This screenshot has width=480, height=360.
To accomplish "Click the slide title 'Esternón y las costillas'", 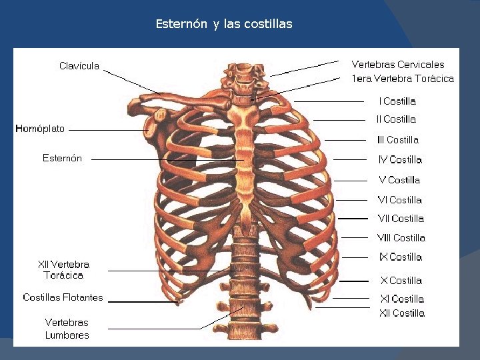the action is pyautogui.click(x=224, y=24).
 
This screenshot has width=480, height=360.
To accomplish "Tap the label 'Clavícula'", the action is pyautogui.click(x=79, y=65).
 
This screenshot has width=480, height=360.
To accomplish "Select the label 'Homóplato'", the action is pyautogui.click(x=40, y=128).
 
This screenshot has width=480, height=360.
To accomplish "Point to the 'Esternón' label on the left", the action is pyautogui.click(x=62, y=158).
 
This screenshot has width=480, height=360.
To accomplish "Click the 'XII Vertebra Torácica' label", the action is pyautogui.click(x=63, y=269).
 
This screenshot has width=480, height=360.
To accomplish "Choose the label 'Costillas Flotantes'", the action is pyautogui.click(x=63, y=297).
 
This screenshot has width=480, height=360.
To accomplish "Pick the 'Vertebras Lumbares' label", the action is pyautogui.click(x=67, y=329).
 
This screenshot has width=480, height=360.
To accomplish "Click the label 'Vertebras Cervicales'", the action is pyautogui.click(x=398, y=65).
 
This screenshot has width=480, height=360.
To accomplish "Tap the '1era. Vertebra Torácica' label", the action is pyautogui.click(x=403, y=79).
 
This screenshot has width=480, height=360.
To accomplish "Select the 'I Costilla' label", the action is pyautogui.click(x=397, y=101).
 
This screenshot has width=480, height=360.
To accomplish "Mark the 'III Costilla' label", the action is pyautogui.click(x=398, y=140).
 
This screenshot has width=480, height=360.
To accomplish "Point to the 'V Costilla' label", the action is pyautogui.click(x=399, y=180).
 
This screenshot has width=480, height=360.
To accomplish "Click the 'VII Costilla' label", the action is pyautogui.click(x=401, y=219).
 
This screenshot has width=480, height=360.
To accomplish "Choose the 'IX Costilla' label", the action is pyautogui.click(x=401, y=257).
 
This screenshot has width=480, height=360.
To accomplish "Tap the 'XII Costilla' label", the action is pyautogui.click(x=402, y=313).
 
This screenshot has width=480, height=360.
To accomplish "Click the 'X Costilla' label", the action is pyautogui.click(x=401, y=281).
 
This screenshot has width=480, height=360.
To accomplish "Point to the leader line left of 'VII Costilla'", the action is pyautogui.click(x=353, y=219).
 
